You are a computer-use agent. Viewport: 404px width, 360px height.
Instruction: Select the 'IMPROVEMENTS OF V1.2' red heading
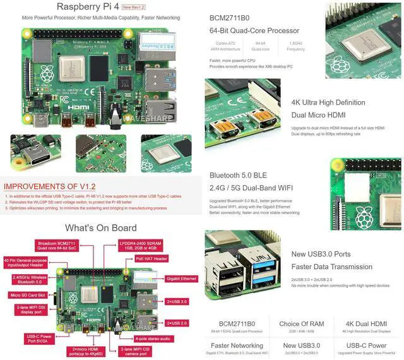pos(49,187)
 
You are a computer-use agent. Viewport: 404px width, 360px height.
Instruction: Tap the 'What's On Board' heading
pos(101,228)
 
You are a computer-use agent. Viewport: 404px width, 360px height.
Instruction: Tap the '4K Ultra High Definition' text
pos(328,102)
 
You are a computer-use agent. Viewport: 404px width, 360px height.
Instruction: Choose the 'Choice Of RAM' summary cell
pos(301,324)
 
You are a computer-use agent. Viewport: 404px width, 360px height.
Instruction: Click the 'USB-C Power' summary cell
pos(368,345)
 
